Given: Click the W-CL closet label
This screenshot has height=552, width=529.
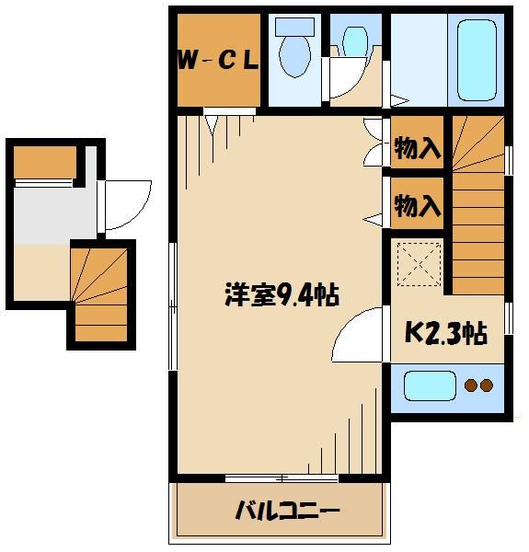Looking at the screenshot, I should tap(217, 63).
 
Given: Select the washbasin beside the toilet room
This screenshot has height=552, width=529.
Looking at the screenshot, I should tap(352, 40).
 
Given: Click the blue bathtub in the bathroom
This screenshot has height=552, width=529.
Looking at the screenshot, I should tap(477, 60).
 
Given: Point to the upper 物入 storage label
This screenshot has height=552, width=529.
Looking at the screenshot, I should tap(418, 147).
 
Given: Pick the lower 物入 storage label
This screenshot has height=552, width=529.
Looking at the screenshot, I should tap(418, 206).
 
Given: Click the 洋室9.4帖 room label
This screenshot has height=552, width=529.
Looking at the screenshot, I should tap(282, 296).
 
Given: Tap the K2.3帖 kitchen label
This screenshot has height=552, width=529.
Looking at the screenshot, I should tap(446, 333).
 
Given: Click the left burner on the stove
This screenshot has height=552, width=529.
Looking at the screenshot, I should tap(471, 385).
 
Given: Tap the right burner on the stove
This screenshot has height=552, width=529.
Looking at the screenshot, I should tap(488, 385).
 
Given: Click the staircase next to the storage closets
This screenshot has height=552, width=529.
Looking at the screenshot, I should tap(477, 202).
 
